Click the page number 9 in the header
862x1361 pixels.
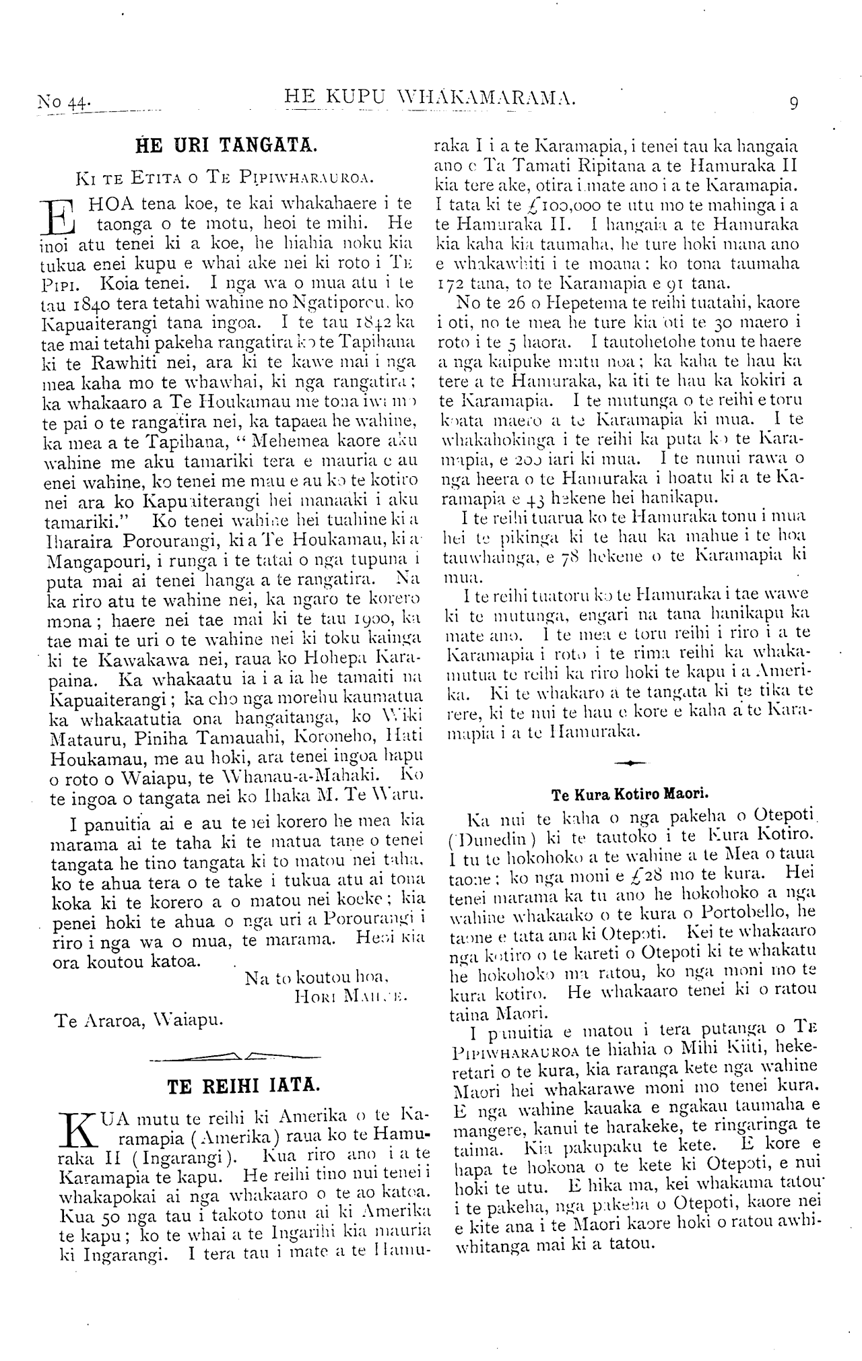[794, 103]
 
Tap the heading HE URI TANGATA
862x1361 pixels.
[221, 145]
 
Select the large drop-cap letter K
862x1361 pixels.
[75, 1127]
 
